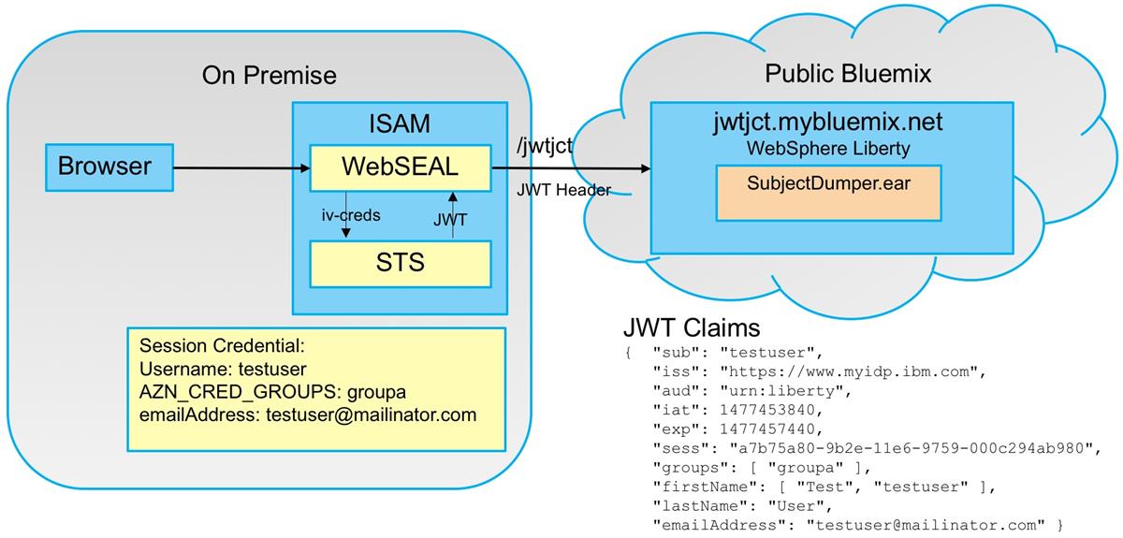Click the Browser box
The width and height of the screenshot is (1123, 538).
point(104,167)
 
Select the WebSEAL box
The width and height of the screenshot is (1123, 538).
point(400,167)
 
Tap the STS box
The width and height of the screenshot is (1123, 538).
point(400,263)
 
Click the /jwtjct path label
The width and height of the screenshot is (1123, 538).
point(545,147)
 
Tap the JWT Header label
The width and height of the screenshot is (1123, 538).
point(563,190)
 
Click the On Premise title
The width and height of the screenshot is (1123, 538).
point(269,75)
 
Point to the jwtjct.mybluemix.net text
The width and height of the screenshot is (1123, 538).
point(827,123)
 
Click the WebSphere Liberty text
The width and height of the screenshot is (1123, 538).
point(826,148)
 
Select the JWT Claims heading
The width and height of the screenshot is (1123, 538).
point(691,328)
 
